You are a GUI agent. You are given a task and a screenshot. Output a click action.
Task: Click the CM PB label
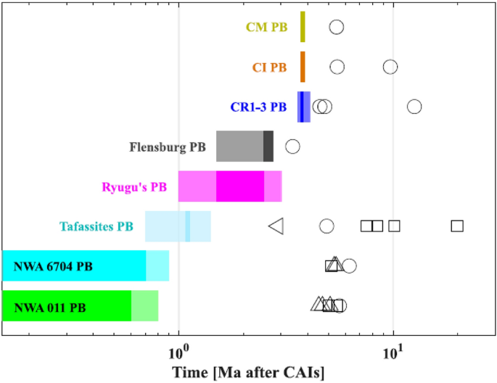pos(266,28)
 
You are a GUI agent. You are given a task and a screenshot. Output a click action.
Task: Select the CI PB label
pos(269,67)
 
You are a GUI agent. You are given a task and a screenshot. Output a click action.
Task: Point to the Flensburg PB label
pos(168,147)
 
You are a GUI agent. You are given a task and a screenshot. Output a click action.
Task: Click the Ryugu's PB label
pos(134,187)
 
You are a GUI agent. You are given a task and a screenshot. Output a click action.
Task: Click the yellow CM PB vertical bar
pos(303,28)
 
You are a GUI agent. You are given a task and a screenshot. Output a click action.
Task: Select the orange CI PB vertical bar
pos(303,67)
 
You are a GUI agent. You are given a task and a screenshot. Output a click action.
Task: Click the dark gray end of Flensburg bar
pos(268,147)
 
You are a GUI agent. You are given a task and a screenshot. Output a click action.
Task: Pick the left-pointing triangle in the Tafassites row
pos(276,226)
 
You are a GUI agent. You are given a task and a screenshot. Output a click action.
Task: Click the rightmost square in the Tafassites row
pos(457,226)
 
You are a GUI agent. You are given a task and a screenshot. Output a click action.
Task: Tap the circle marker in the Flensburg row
pos(292,147)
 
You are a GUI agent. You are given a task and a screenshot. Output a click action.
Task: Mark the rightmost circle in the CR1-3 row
pos(414,107)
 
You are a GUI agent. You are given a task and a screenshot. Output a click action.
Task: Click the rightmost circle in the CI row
pos(390,67)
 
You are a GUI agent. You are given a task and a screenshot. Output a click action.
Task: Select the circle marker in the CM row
pos(337,28)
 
